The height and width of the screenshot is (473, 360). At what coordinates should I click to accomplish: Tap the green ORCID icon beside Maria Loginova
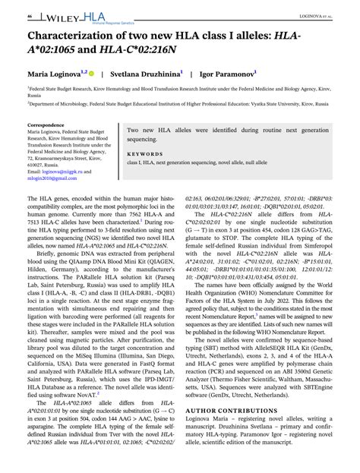point(91,74)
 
